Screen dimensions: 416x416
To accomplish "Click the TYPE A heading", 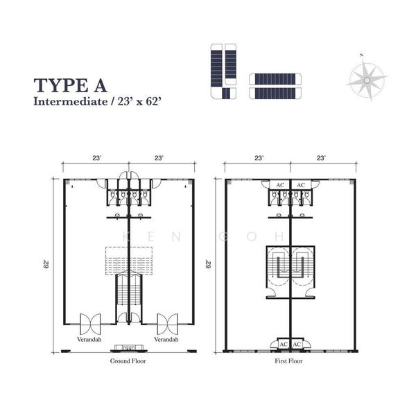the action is pos(70,85).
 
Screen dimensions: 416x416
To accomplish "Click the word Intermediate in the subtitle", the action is pos(70,102).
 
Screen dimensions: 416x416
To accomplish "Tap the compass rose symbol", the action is pos(367,79).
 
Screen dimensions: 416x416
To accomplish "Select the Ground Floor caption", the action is pos(128,361).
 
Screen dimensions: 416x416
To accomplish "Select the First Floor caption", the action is pos(288,361).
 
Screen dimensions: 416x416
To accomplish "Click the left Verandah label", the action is pos(89,339).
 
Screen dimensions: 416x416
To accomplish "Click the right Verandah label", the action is pos(166,339).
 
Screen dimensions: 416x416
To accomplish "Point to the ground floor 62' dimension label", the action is pos(46,265).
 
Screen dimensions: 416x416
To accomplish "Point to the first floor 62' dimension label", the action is pos(209,265).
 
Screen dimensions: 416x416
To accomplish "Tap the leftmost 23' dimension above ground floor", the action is pos(97,158).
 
